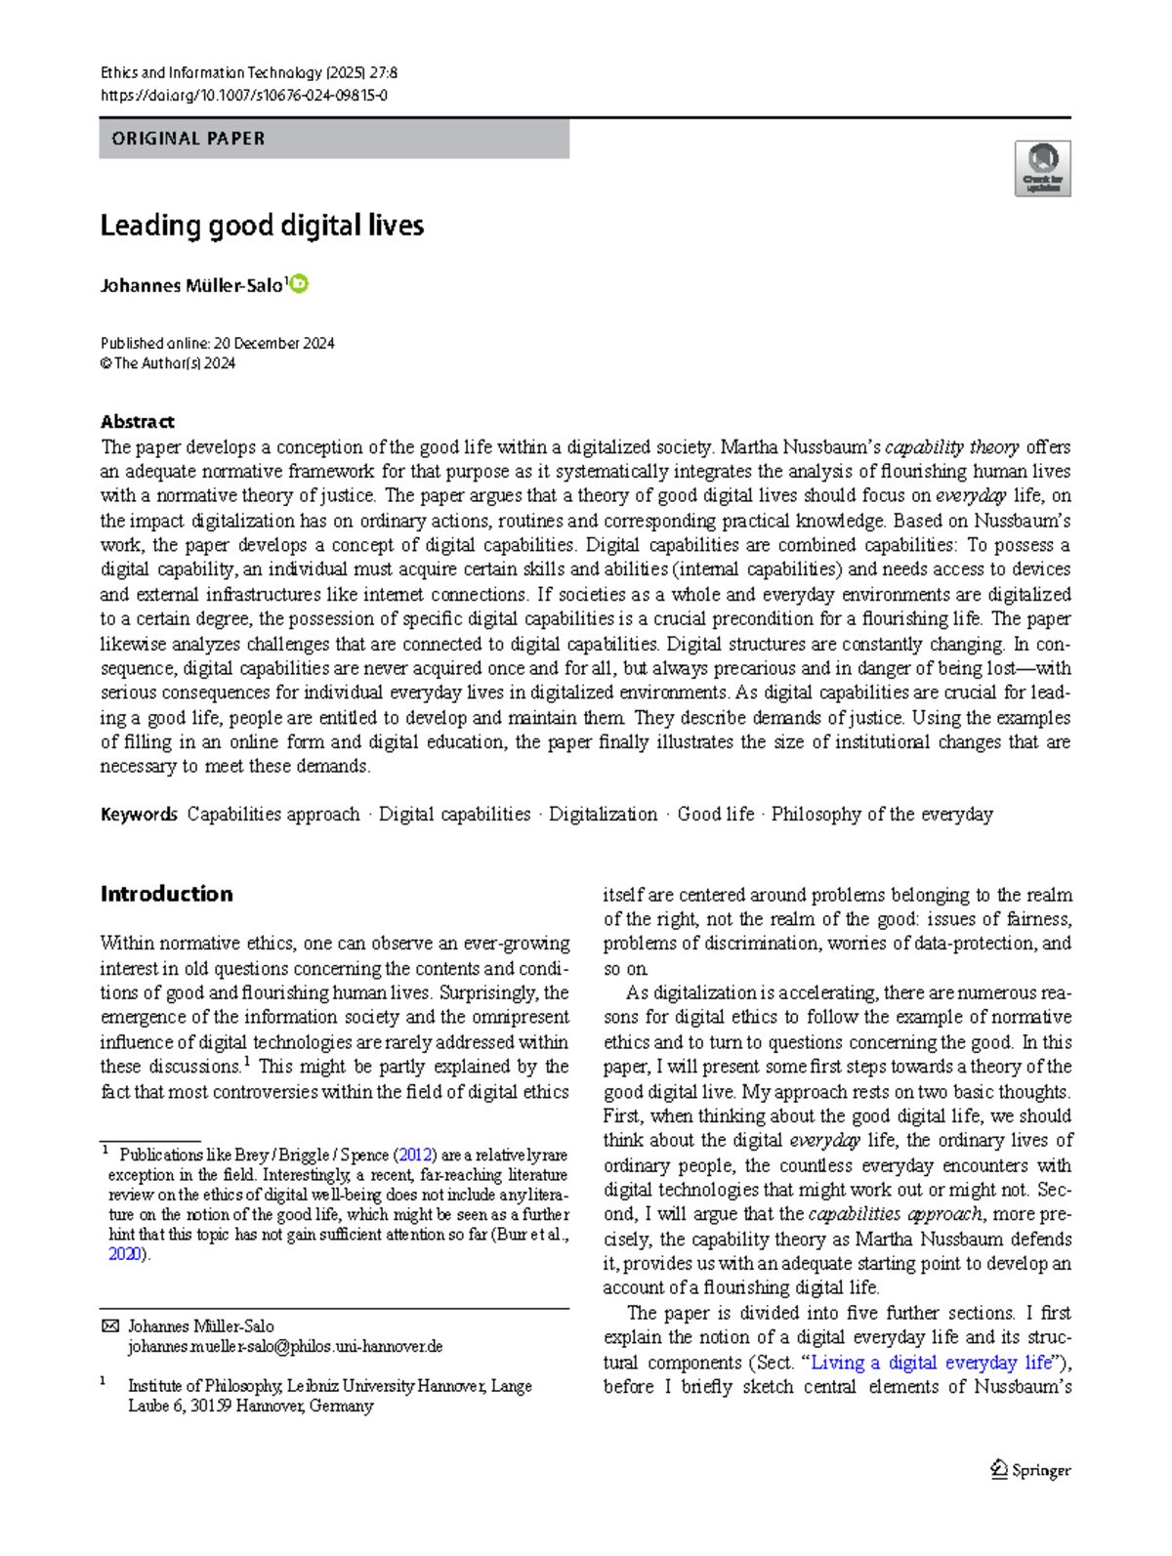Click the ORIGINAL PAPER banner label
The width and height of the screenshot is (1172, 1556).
(x=188, y=139)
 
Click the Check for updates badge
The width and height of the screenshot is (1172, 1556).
(x=1042, y=168)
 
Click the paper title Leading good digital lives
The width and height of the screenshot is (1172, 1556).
(x=262, y=226)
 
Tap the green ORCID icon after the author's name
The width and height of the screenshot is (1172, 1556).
(x=300, y=284)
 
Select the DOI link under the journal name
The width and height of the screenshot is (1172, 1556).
(x=244, y=96)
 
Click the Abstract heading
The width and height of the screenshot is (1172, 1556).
(x=137, y=422)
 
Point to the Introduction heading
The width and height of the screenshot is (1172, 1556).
(x=166, y=894)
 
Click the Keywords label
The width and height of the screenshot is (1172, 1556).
(x=139, y=815)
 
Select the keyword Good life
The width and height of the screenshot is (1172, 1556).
(x=716, y=815)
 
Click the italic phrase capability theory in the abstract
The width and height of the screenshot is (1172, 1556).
(x=951, y=447)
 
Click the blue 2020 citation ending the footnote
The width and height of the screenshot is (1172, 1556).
(x=124, y=1255)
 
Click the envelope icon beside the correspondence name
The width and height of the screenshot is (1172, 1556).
(x=110, y=1326)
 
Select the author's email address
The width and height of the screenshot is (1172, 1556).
(x=285, y=1347)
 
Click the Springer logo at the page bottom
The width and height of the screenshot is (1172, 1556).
(x=1031, y=1470)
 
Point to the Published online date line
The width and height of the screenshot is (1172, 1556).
(x=217, y=344)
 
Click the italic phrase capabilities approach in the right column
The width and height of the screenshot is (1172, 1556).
(x=896, y=1214)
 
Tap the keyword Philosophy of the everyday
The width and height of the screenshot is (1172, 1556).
(x=882, y=815)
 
